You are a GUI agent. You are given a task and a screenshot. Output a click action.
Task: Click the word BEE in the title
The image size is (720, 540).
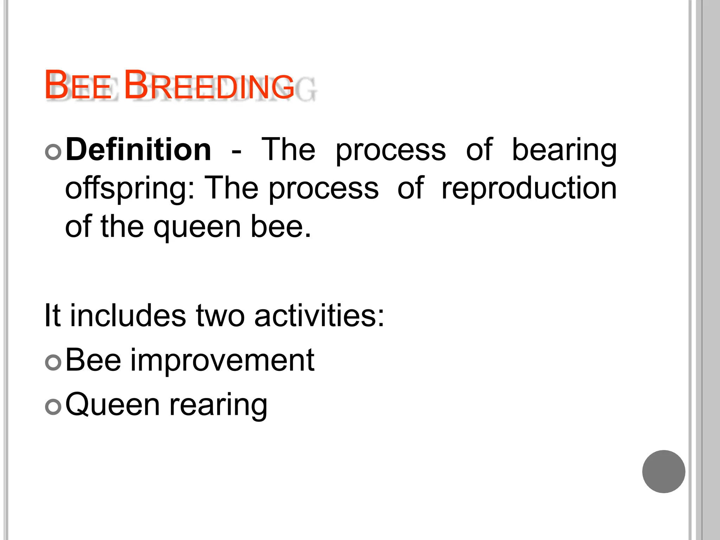point(78,85)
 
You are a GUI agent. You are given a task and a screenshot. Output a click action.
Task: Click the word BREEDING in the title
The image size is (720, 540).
point(209,85)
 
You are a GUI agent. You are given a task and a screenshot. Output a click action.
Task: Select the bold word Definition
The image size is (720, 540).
point(139,150)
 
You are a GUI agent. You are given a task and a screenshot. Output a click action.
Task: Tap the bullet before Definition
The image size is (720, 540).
point(53,152)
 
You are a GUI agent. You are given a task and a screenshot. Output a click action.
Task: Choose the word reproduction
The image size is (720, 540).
point(529,188)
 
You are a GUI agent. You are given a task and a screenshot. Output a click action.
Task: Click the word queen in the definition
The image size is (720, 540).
point(197,228)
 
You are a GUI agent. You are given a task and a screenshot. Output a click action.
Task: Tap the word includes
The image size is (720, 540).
point(128,315)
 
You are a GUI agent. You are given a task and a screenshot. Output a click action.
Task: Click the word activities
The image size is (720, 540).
point(319,315)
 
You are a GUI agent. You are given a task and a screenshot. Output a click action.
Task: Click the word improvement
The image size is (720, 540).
point(223,361)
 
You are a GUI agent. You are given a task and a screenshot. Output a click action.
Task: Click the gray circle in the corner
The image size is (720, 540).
point(663,471)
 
